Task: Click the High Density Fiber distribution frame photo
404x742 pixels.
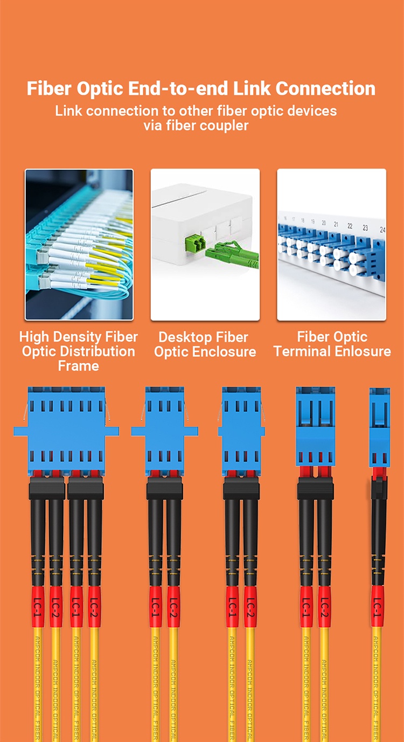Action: (79, 245)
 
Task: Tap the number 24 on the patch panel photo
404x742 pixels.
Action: (382, 229)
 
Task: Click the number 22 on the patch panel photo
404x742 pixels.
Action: (350, 226)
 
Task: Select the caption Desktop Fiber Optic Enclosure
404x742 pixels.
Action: (205, 345)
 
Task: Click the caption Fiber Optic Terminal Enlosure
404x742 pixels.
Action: (332, 344)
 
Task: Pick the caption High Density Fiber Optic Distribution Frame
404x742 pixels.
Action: (79, 351)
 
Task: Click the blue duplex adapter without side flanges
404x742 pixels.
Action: (315, 426)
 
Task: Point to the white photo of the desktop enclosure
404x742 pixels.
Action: (205, 245)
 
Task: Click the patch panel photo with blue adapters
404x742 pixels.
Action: (331, 245)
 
